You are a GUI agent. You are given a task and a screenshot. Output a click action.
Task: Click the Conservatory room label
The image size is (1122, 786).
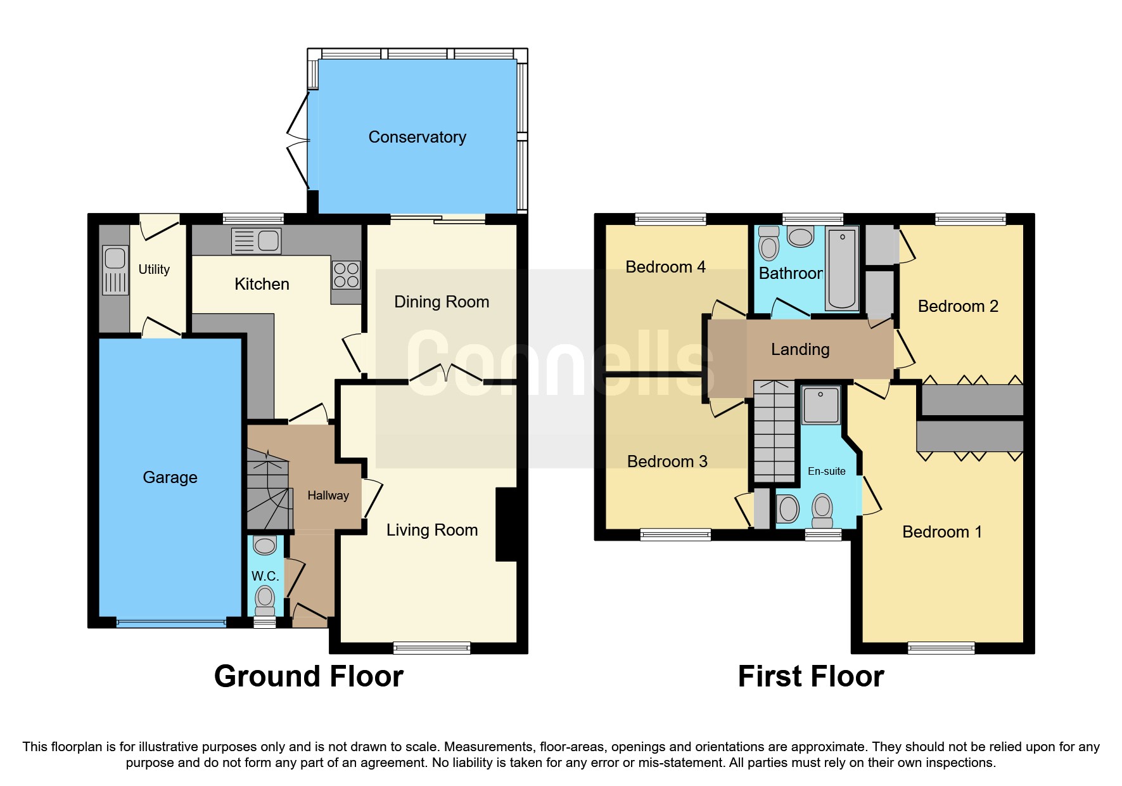click(x=417, y=137)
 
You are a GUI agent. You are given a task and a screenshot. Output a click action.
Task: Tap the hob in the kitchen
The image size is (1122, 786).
click(x=346, y=275)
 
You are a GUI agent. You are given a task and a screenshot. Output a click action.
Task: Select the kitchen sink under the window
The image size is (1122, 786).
click(x=257, y=241)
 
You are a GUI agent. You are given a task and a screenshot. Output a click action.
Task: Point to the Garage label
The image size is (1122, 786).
click(x=170, y=477)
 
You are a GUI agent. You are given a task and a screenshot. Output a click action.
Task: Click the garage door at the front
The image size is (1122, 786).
click(x=171, y=623)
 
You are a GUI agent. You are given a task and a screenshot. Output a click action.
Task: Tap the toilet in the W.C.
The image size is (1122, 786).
click(x=264, y=598)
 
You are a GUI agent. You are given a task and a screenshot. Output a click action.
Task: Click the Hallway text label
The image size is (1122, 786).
click(x=328, y=496)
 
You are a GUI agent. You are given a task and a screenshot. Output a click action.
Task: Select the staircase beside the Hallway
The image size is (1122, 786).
click(x=269, y=489)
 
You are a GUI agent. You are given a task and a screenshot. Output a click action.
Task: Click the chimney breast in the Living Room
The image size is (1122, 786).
click(x=507, y=524)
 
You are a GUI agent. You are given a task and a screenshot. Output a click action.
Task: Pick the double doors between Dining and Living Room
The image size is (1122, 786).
click(x=446, y=374)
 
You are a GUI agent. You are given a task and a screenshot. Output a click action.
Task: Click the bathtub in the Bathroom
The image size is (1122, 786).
click(x=842, y=269)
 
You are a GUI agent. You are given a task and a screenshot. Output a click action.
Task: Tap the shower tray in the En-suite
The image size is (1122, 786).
click(x=821, y=405)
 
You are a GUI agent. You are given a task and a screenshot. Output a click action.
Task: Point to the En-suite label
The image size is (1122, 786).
click(x=826, y=471)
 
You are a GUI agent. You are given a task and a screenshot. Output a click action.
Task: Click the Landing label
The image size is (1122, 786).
click(x=800, y=349)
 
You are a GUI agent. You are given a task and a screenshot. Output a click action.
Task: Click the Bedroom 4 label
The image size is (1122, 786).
click(x=665, y=267)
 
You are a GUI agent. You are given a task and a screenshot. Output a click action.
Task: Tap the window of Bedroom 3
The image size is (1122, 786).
click(x=675, y=535)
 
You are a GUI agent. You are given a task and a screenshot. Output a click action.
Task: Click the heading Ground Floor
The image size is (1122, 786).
click(x=309, y=676)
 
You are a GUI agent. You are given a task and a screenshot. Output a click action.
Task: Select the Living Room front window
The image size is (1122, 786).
click(x=431, y=648)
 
